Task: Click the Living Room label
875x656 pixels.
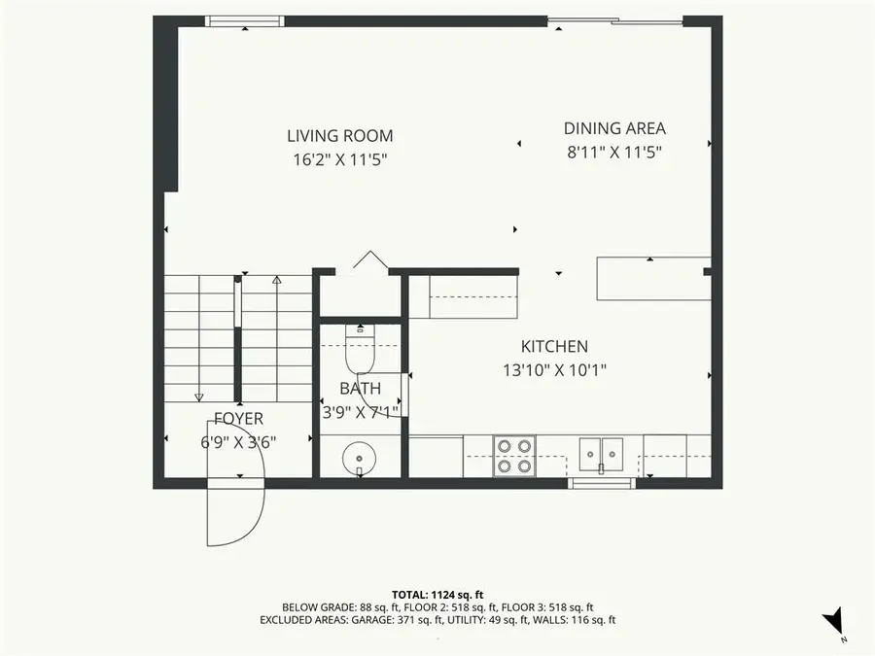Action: click(x=339, y=136)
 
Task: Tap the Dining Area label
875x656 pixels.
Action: click(x=614, y=128)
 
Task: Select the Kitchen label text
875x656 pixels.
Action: click(x=554, y=347)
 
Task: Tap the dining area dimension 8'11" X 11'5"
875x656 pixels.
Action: click(x=614, y=152)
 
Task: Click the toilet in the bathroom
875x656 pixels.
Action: click(x=360, y=356)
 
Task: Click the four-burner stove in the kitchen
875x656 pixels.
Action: click(x=514, y=455)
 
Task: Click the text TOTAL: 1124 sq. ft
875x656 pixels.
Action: click(x=437, y=593)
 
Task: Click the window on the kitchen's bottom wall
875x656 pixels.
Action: click(x=601, y=482)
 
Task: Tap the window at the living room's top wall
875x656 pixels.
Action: click(x=245, y=20)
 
